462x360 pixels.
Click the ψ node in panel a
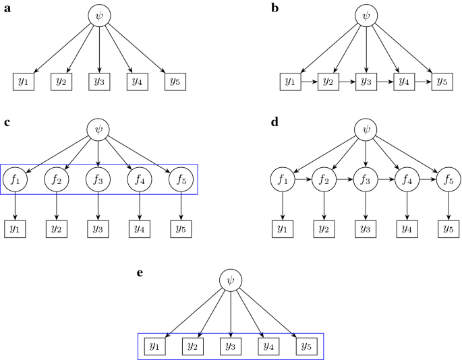click(99, 16)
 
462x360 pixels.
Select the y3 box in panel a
click(99, 82)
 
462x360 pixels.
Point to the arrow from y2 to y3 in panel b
click(347, 82)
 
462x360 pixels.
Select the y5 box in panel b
click(442, 82)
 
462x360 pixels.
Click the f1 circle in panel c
click(15, 180)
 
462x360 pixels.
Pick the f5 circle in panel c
click(180, 180)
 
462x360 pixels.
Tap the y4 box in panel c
click(140, 229)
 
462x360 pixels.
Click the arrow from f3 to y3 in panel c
click(98, 205)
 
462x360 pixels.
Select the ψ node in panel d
click(366, 129)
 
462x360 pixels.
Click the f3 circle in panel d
click(366, 180)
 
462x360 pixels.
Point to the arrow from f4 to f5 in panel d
click(427, 180)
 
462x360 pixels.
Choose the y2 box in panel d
click(324, 229)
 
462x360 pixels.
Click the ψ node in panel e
click(231, 280)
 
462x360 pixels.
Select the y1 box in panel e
click(155, 347)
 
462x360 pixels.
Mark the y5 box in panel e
click(306, 347)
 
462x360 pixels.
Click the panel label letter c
click(6, 122)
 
